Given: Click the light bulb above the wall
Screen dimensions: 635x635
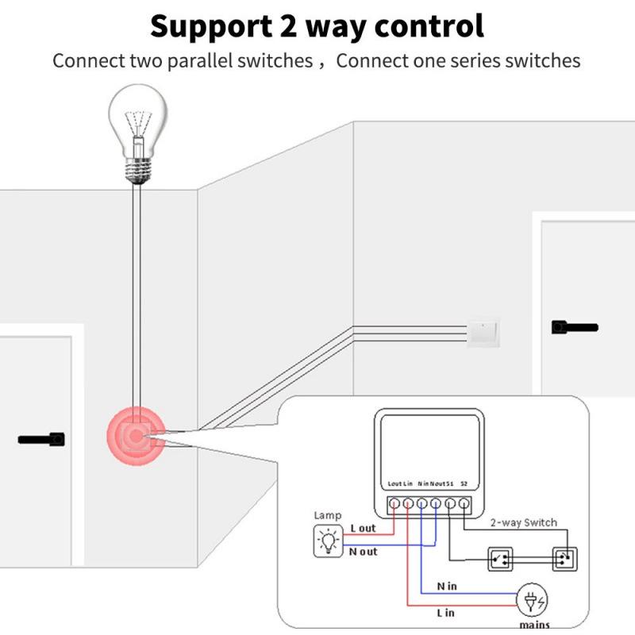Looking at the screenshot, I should pos(140,132).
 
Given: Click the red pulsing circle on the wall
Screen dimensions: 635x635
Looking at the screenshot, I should pos(136,436).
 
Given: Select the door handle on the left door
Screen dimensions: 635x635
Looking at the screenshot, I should pos(41,438).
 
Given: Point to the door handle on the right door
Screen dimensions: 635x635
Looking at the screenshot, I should pos(574,327).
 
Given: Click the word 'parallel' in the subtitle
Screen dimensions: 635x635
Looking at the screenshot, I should pos(198,61).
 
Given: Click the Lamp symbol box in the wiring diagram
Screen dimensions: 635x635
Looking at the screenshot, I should pos(327,541).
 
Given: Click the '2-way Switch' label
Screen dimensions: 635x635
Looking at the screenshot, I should pos(523,522).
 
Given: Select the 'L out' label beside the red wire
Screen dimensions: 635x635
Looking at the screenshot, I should pos(364,528).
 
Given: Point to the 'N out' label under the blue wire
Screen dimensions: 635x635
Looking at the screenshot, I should pos(364,552).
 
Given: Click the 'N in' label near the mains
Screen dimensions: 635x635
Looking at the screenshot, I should pos(446,587).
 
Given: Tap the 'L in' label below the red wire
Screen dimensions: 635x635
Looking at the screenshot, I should pos(445,613).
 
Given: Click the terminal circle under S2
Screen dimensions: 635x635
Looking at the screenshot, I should pos(464,503).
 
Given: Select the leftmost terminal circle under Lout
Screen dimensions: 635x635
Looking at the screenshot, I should pos(393,503).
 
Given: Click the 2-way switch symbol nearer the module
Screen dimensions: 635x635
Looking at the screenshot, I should pos(501,559).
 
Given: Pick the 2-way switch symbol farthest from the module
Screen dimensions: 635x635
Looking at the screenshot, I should pos(564,559).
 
